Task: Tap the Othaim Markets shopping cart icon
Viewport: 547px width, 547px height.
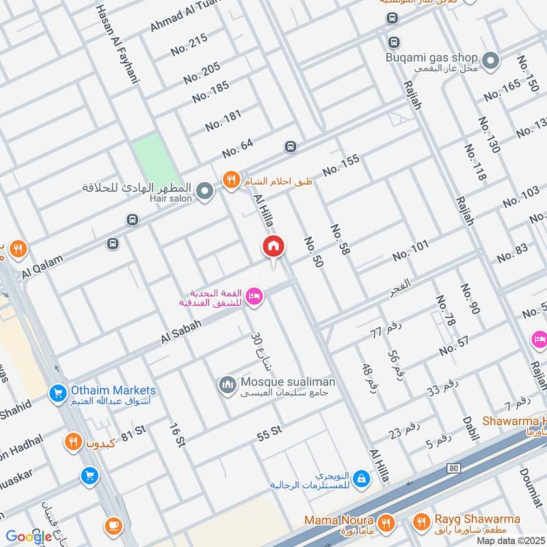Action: pos(57,393)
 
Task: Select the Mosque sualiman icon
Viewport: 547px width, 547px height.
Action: pos(227,386)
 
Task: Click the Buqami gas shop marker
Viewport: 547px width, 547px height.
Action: pos(490,62)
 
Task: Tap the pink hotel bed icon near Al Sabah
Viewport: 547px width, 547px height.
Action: pos(254,295)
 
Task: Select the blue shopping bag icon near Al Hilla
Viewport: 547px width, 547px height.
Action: pos(362,479)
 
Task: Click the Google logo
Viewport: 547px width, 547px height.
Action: pos(29,537)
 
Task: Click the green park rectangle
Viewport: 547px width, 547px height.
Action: pos(154,161)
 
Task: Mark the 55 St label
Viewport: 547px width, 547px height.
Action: pos(269,431)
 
